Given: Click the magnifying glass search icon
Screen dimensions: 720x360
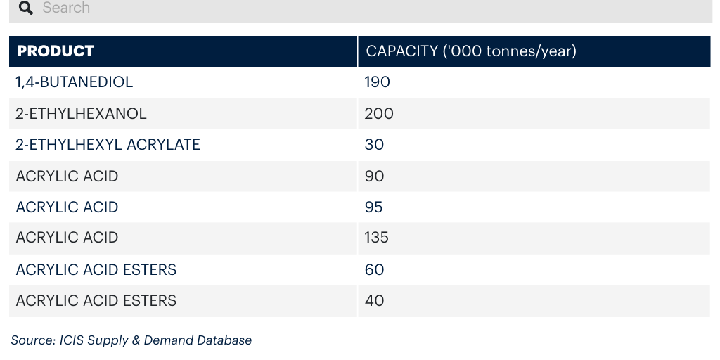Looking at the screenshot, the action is pos(26,8).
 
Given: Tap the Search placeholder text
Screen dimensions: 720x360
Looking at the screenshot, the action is pos(66,7).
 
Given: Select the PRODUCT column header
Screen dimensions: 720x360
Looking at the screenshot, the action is pos(55,51).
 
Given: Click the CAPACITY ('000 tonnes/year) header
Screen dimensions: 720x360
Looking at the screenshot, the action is pos(470,51).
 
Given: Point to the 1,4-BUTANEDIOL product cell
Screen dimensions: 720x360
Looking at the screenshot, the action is pos(74,82).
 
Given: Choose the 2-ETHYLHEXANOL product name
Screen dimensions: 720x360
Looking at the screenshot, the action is pos(81,113).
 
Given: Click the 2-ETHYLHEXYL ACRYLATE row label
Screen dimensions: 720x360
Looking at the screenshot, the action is pos(108,145).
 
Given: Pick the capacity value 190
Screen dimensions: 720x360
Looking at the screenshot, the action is pos(377,82).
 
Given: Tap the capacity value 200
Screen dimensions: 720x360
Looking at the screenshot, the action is pos(379,113).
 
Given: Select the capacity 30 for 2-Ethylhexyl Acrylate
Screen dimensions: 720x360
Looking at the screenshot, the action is pos(374,145).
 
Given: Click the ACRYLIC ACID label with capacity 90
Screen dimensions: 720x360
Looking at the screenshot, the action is pos(67,176).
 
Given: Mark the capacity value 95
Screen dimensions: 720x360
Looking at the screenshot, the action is pos(373,207).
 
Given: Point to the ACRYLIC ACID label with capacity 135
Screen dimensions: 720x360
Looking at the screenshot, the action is pos(67,238).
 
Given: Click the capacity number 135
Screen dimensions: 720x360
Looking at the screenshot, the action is pos(377,238).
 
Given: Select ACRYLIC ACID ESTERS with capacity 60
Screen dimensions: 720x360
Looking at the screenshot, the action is pos(96,269).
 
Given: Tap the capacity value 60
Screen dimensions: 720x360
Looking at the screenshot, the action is pos(374,269).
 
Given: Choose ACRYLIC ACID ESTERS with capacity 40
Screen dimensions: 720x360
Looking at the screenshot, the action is pos(96,301).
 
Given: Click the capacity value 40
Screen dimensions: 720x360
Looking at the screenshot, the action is pos(374,301).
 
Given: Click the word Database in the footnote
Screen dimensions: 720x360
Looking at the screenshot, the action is pos(224,340).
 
